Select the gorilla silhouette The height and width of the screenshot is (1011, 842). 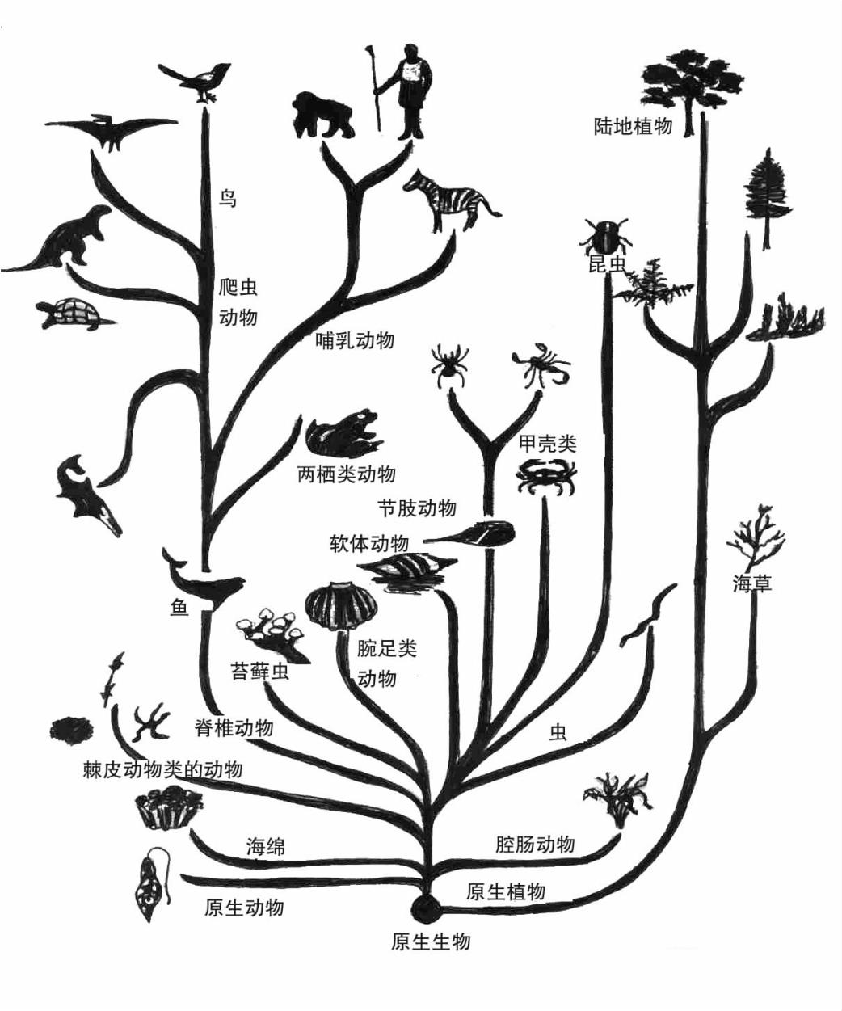(x=322, y=115)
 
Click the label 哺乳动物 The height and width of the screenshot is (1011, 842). (x=355, y=340)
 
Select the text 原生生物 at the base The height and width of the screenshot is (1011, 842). (x=430, y=941)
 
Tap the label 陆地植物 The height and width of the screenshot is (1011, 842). (x=633, y=126)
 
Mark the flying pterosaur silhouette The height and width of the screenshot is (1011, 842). (x=112, y=129)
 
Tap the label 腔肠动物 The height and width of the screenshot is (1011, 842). (x=535, y=845)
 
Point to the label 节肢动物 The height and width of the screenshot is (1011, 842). (x=417, y=508)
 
